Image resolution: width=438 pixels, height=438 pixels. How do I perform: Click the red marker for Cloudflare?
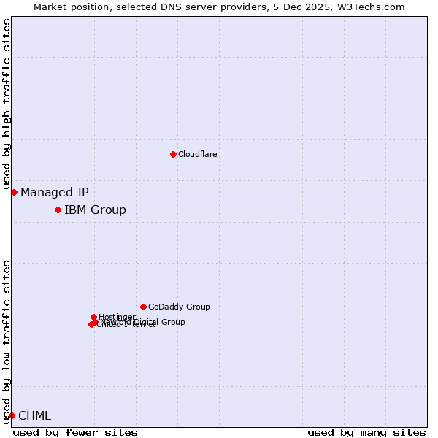[173, 154]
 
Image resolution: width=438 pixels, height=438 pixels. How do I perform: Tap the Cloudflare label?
[197, 154]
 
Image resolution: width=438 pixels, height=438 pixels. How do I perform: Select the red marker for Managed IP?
[14, 192]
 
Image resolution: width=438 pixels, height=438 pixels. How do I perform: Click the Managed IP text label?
[55, 193]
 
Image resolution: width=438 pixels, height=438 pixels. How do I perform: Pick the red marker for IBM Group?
[58, 210]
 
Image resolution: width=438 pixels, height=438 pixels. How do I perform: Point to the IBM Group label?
[95, 210]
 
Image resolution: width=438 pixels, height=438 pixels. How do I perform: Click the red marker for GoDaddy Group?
[143, 307]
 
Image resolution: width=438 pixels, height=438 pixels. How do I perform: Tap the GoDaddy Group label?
[179, 307]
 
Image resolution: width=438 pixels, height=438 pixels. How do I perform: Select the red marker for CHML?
[12, 415]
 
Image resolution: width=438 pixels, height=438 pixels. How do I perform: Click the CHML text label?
[35, 416]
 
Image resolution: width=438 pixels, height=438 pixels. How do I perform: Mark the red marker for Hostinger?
[93, 317]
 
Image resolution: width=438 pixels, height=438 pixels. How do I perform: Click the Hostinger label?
[117, 317]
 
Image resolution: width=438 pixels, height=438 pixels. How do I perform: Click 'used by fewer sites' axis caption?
[75, 432]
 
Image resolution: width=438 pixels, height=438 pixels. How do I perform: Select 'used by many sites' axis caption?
[366, 432]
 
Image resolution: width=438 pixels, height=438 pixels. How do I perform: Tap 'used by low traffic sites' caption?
[7, 342]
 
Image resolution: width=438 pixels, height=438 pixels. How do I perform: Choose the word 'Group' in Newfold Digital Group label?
[172, 322]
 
